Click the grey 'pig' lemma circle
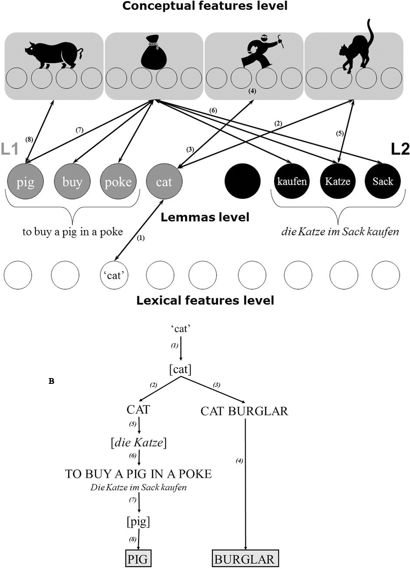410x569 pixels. [25, 181]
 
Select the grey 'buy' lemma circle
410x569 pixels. [72, 181]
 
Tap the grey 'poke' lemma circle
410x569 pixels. [118, 181]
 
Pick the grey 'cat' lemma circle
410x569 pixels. [164, 181]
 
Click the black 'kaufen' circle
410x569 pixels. [292, 181]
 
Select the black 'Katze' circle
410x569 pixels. [337, 181]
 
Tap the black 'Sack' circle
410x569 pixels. [383, 181]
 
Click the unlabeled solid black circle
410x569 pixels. [243, 181]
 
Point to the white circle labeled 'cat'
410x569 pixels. [114, 275]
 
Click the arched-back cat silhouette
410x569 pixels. [356, 49]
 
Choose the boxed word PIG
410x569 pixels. [138, 559]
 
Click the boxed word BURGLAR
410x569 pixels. [245, 559]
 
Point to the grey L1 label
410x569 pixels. [9, 149]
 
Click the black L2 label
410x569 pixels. [400, 149]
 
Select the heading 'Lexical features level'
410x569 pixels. [205, 300]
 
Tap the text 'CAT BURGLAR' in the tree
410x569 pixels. [244, 411]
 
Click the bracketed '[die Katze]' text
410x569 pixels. [139, 442]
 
